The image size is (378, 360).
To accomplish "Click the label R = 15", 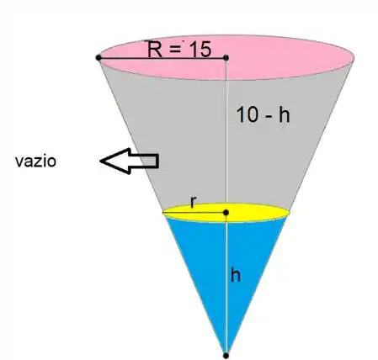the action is [179, 50].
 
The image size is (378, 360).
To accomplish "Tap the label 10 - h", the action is [264, 115].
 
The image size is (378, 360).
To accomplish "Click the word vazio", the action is [35, 161].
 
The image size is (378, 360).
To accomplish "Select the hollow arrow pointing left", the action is [130, 161].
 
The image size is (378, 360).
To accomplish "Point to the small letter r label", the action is [193, 202].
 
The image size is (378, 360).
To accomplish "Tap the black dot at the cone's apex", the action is [226, 356].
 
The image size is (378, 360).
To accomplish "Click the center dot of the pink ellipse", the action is [226, 58].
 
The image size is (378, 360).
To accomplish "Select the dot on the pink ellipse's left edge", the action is [98, 58].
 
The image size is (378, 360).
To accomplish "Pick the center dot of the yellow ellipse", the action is [226, 213].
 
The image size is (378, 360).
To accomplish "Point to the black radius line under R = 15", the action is [162, 58].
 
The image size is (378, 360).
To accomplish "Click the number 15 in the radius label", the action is [200, 50].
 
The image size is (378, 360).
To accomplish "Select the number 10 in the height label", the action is [248, 115].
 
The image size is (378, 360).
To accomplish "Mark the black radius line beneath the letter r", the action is [194, 213].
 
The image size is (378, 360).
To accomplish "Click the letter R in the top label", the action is [155, 50].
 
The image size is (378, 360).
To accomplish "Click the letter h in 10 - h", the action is [285, 115].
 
